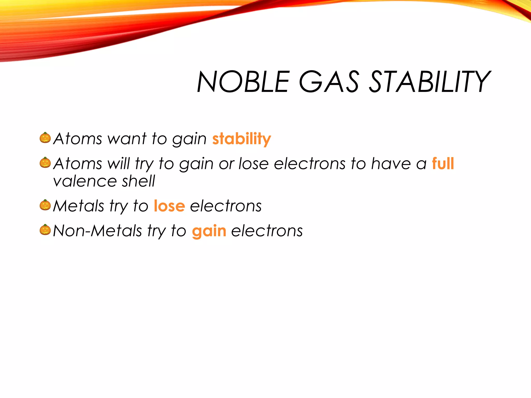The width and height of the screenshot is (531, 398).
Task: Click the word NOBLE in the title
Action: click(243, 82)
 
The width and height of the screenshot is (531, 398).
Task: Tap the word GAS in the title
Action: click(329, 82)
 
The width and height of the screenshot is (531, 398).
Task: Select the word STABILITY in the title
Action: click(429, 82)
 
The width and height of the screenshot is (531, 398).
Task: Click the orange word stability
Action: click(241, 139)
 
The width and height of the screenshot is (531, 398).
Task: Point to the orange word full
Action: click(443, 164)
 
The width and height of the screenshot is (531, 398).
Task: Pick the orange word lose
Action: click(169, 206)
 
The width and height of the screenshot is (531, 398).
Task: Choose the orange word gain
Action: click(209, 231)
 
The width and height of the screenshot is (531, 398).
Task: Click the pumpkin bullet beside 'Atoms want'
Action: click(45, 138)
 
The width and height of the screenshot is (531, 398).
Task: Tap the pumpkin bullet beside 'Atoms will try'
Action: click(45, 162)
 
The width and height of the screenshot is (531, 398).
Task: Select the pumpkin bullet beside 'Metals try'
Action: click(45, 205)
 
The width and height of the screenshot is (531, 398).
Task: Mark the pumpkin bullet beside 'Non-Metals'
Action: click(45, 230)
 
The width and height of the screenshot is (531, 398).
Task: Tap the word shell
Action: click(138, 181)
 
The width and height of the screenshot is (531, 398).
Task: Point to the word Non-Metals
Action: click(97, 231)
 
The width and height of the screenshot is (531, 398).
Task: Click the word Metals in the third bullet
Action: click(78, 206)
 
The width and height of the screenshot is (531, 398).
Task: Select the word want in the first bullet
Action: click(127, 139)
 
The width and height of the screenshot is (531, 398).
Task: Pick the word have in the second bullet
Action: click(391, 164)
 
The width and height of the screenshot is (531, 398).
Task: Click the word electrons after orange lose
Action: click(226, 206)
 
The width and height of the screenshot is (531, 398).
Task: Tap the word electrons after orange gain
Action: click(267, 231)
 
